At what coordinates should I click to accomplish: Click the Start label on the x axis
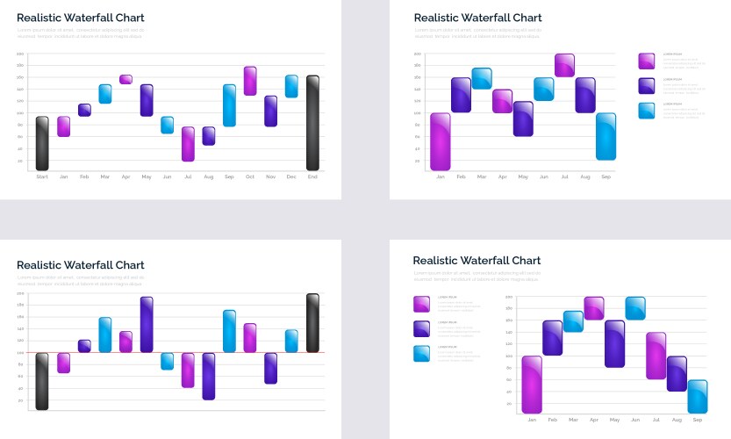[x=42, y=176]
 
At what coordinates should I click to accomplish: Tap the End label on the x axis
[x=312, y=176]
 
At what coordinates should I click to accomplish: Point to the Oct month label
[x=250, y=176]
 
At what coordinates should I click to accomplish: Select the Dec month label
[x=291, y=176]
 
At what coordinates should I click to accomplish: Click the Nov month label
[x=271, y=176]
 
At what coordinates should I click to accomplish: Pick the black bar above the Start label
[x=42, y=143]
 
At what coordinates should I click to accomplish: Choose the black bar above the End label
[x=312, y=123]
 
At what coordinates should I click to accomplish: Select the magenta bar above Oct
[x=250, y=81]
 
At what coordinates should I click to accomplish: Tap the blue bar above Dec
[x=291, y=86]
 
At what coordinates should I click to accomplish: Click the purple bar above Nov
[x=271, y=112]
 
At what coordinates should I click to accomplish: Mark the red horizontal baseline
[x=176, y=352]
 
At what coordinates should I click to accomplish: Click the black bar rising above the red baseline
[x=312, y=323]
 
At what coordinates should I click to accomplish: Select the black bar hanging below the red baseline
[x=42, y=381]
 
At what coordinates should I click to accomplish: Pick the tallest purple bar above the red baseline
[x=147, y=324]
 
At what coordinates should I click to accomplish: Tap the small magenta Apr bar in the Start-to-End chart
[x=125, y=79]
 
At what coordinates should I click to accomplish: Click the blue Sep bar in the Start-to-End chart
[x=229, y=105]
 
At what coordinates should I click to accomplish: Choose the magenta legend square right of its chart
[x=646, y=61]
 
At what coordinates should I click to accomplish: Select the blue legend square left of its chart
[x=421, y=353]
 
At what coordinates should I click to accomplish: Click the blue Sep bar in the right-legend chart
[x=606, y=136]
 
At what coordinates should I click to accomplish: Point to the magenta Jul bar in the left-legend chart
[x=656, y=356]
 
